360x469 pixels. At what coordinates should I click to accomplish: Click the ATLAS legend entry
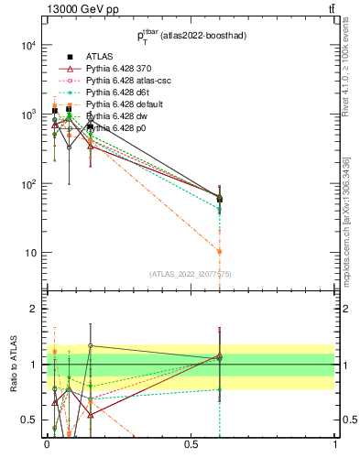click(99, 57)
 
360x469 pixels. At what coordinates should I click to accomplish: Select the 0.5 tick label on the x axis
click(191, 444)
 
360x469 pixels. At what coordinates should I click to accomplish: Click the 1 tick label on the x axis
click(335, 444)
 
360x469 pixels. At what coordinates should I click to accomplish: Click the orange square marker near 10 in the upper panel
click(220, 251)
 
